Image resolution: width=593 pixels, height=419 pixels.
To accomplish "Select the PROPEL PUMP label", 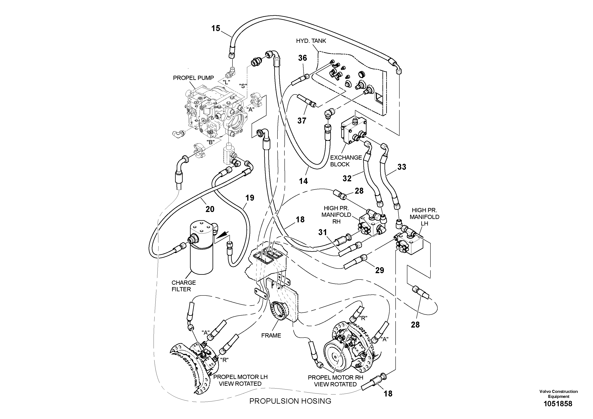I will (193, 78).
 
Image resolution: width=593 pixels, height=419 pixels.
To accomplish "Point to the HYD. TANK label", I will (311, 41).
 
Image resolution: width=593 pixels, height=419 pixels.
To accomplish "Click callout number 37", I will (302, 121).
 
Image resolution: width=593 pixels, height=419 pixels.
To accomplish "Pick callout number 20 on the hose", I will (210, 209).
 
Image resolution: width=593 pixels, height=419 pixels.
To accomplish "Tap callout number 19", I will (250, 198).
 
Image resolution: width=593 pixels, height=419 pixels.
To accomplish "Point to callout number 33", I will (402, 167).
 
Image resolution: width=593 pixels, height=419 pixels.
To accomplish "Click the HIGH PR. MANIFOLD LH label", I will (424, 217).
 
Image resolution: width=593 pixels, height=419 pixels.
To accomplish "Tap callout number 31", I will (322, 233).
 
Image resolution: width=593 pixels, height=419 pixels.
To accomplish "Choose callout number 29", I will (379, 270).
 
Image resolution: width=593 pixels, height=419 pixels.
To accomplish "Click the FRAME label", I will (271, 336).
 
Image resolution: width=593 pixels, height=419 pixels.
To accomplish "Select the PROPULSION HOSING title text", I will (290, 401).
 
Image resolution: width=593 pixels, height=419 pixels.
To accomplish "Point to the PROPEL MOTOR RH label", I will (335, 381).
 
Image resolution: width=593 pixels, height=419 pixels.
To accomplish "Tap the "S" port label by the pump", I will (243, 86).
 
